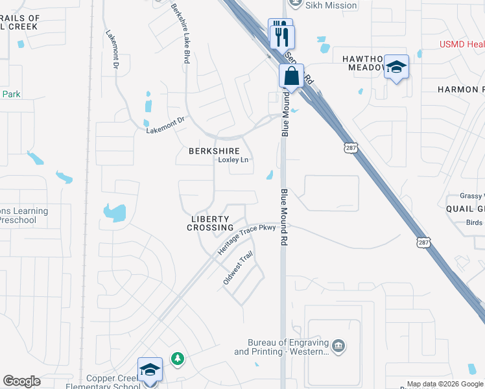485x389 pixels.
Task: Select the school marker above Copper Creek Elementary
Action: [x=150, y=370]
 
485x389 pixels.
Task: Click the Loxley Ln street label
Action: [x=233, y=159]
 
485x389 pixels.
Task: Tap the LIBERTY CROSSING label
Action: [x=211, y=224]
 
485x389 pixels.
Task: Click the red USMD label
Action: [x=461, y=44]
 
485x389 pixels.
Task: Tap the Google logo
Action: [x=21, y=381]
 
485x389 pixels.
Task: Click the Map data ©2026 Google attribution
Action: [x=445, y=384]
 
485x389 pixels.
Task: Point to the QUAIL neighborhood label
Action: [x=464, y=208]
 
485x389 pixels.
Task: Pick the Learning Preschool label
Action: [x=25, y=215]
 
